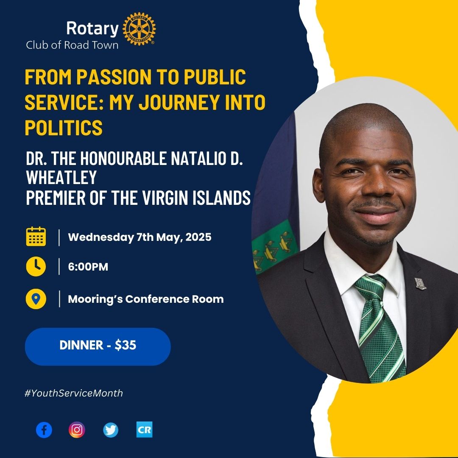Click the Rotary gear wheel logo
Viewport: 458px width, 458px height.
[139, 29]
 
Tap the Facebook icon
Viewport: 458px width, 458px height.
[44, 430]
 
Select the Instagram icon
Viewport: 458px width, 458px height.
[77, 430]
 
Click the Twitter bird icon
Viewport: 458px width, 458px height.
[111, 430]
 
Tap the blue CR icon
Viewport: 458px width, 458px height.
[144, 430]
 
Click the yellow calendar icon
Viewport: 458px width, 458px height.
[36, 236]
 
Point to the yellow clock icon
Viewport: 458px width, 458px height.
[36, 266]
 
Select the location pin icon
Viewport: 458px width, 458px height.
[36, 299]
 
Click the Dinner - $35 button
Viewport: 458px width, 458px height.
[98, 346]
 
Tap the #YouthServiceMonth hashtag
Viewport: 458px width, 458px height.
[74, 393]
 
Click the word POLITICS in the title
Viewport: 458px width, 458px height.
[64, 127]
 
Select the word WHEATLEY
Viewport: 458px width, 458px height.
[61, 177]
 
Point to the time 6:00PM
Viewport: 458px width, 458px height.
[88, 267]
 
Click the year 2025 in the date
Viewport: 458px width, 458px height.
[198, 237]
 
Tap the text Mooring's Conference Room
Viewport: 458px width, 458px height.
[146, 299]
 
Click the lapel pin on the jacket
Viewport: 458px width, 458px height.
[420, 284]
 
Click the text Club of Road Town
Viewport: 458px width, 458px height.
[72, 45]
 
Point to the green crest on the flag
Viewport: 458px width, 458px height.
[275, 246]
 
